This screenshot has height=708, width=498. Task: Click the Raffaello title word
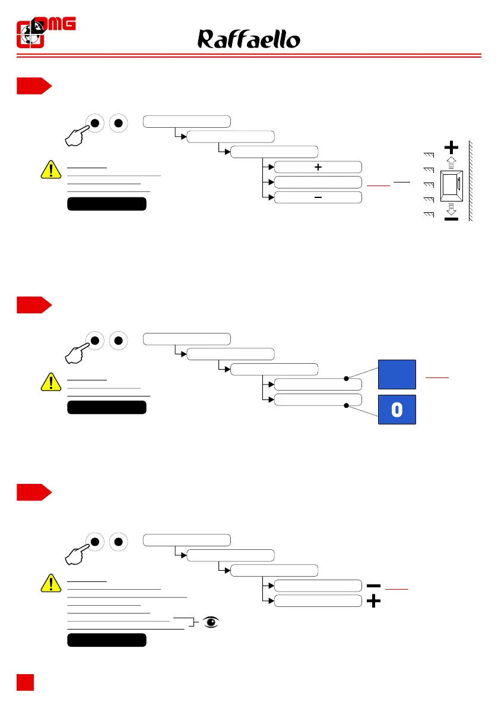249,40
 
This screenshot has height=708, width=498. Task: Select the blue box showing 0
397,410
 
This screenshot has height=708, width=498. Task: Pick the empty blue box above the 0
397,375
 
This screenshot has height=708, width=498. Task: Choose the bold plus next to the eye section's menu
373,602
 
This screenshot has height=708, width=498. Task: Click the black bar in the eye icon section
107,640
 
